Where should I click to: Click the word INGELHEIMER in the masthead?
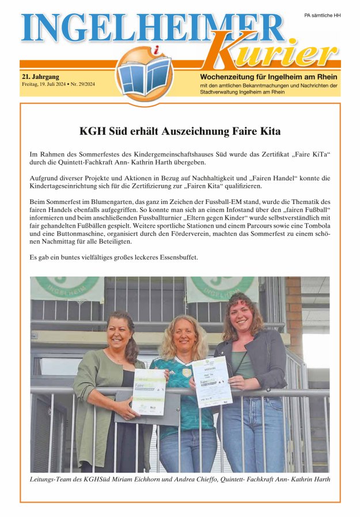[x=153, y=27]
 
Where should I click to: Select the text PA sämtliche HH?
[x=322, y=16]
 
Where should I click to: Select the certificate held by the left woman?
[x=149, y=391]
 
